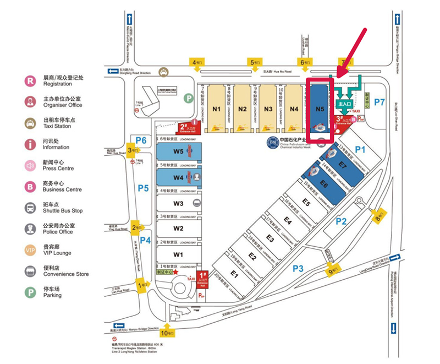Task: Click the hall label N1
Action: [x=216, y=109]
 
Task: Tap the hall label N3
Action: [x=268, y=109]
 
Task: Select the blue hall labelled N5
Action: [x=320, y=108]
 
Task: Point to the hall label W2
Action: [x=178, y=228]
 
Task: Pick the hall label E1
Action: [x=234, y=274]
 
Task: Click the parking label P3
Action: [x=298, y=268]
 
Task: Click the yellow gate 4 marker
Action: [x=196, y=63]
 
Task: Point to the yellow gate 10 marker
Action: [x=166, y=333]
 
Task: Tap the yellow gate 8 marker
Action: [x=378, y=216]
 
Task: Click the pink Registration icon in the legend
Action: [x=29, y=80]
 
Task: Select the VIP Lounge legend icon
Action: [x=29, y=250]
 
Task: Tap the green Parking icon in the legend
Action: [x=29, y=292]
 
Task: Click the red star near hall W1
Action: [x=175, y=271]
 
